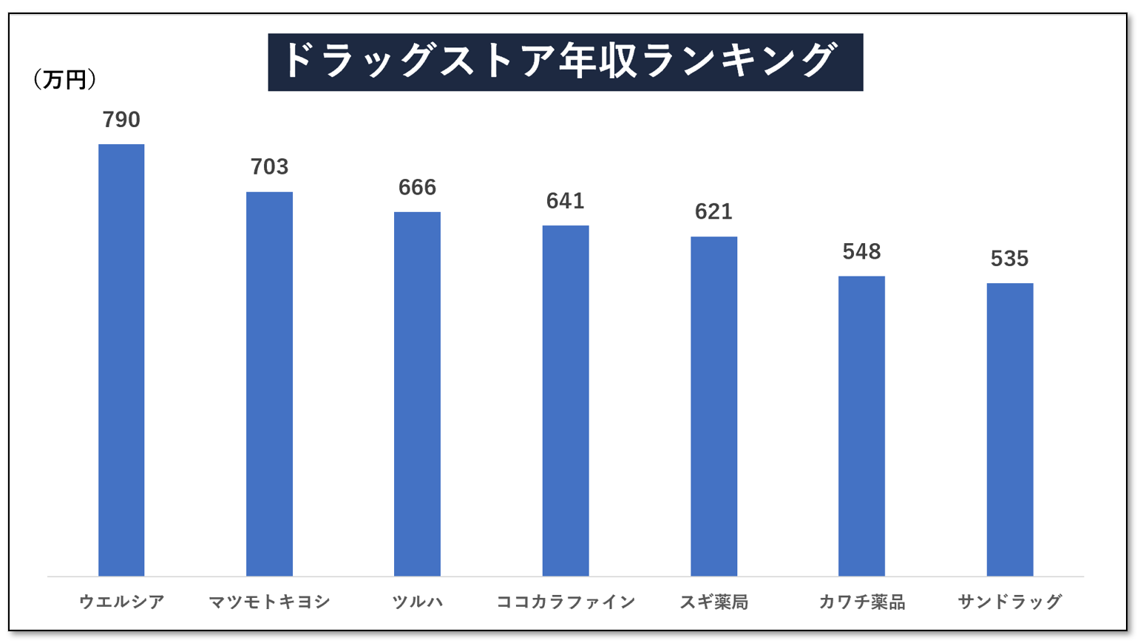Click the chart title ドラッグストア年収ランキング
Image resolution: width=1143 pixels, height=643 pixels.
point(565,62)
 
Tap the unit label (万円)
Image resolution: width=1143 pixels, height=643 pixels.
point(65,80)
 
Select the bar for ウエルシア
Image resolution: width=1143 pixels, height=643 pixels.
point(121,360)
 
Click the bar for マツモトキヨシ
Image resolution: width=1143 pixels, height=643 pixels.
point(269,384)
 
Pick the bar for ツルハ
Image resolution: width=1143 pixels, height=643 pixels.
point(417,394)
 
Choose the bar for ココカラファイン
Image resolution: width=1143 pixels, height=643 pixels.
point(566,401)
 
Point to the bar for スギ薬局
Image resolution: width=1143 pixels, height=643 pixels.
point(713,406)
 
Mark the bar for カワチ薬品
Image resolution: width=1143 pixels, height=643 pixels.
point(861,426)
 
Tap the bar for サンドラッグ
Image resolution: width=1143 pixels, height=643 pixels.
point(1009,429)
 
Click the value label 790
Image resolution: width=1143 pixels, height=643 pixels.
point(121,120)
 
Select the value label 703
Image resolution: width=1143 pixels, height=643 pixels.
point(269,167)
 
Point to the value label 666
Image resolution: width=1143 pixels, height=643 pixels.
point(417,188)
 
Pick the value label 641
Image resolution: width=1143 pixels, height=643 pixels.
point(566,201)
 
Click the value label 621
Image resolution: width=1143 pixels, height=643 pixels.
point(713,212)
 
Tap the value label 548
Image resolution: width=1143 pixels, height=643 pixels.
point(861,252)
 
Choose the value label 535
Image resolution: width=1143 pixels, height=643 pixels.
point(1009,259)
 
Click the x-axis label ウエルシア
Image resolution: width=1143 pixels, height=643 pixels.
point(121,602)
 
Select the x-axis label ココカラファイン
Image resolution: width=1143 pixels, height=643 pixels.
point(566,602)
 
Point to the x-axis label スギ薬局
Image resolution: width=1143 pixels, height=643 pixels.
point(713,602)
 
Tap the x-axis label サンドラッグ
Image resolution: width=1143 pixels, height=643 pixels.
point(1009,602)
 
